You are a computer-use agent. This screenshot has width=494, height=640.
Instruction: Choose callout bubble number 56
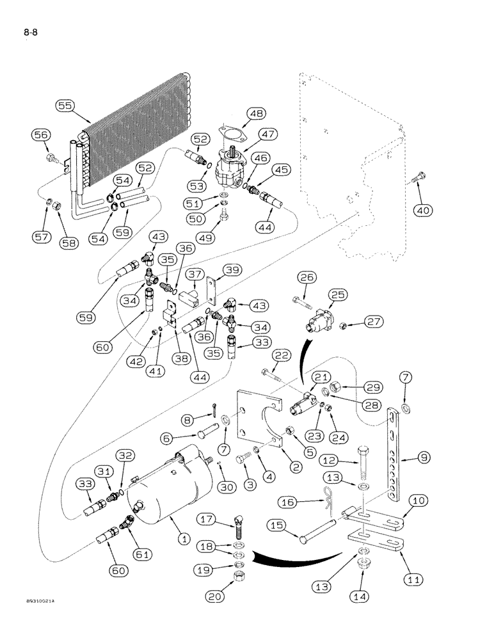pos(40,134)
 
